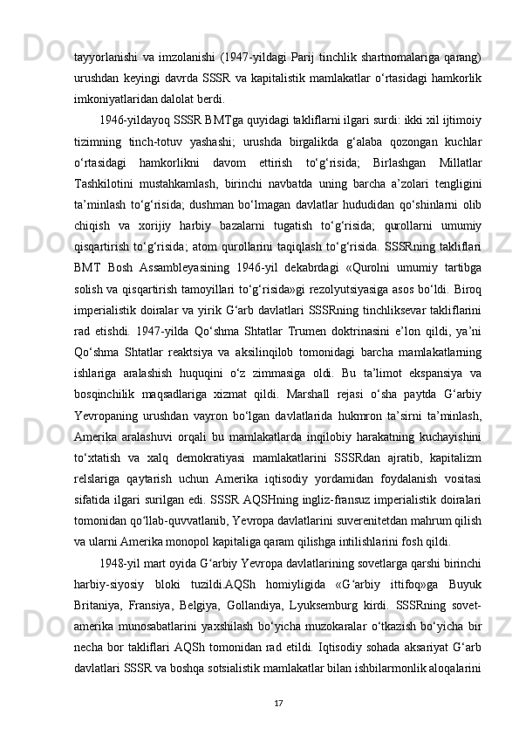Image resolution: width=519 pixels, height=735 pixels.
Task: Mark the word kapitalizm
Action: click(x=456, y=580)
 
